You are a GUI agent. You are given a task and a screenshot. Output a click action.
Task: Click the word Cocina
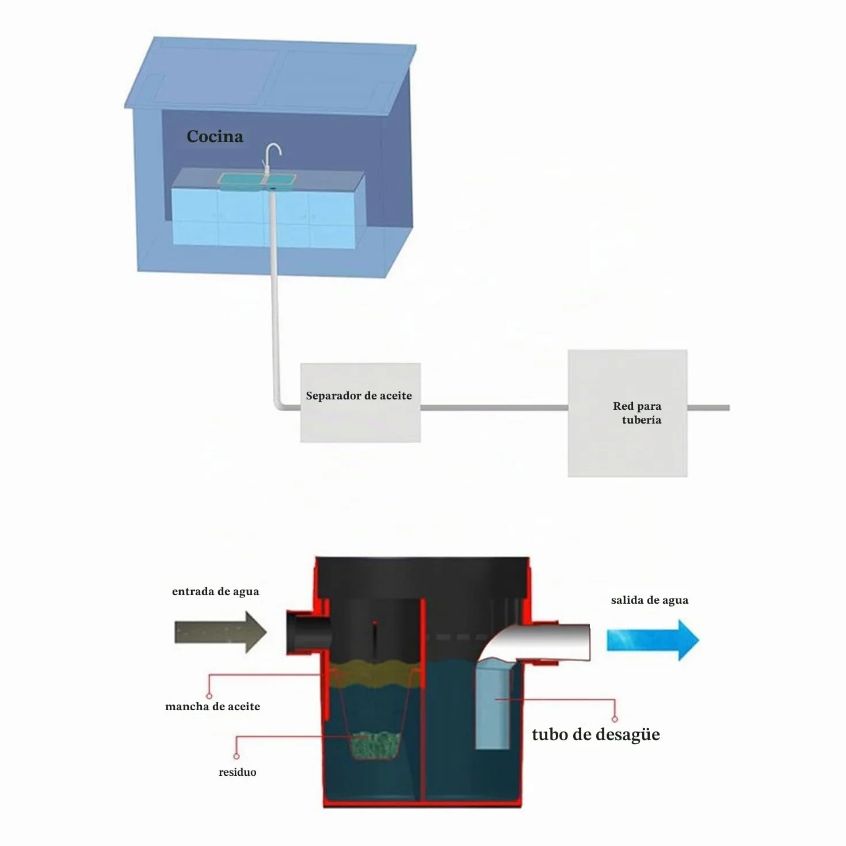pos(215,136)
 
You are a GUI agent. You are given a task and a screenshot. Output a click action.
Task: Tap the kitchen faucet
pos(272,159)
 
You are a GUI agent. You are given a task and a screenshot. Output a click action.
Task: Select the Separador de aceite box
pos(360,402)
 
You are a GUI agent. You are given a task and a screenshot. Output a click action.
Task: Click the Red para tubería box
pos(627,413)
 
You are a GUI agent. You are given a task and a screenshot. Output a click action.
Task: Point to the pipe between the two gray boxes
pos(494,408)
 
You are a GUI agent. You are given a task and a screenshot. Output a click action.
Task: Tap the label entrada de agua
pos(216,592)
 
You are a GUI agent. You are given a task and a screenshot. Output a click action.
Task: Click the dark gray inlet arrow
pos(220,632)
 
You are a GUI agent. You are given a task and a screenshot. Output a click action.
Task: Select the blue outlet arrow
pos(653,640)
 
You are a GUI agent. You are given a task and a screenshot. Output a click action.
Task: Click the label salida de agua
pos(649,600)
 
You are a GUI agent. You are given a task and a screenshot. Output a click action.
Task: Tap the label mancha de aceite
pos(212,706)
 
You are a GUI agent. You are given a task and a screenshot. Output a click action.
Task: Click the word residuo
pos(238,772)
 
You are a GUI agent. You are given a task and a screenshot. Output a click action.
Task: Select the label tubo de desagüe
pos(596,734)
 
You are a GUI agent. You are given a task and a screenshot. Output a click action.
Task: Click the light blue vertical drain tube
pos(493,704)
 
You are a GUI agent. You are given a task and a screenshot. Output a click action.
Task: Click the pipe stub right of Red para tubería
pos(708,408)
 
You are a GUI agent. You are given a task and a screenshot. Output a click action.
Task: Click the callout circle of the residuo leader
pos(236,756)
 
